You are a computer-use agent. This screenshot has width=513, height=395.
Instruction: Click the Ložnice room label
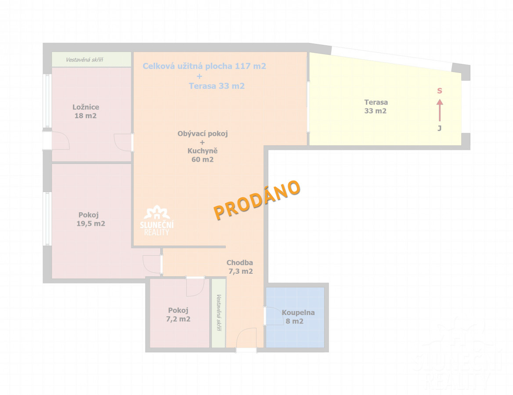coord(86,107)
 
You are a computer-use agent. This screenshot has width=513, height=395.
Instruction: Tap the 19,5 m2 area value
coord(90,224)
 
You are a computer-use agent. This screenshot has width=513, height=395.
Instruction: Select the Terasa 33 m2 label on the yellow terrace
coord(376,106)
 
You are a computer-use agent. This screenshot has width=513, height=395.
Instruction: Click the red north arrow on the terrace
coord(440,110)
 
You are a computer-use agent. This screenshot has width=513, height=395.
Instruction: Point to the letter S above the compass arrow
coord(440,91)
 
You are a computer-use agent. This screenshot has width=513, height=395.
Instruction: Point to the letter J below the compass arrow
coord(439,128)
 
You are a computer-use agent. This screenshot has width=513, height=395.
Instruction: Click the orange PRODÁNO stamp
coord(257,199)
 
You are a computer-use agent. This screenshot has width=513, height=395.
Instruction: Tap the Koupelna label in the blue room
coord(298,312)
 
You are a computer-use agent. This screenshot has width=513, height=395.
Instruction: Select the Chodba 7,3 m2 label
coord(240,267)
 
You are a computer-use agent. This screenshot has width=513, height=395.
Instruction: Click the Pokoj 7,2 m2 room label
coord(178,315)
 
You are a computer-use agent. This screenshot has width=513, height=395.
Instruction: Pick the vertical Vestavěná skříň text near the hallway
coord(219,312)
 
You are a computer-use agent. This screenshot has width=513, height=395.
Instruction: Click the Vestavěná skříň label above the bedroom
coord(84,60)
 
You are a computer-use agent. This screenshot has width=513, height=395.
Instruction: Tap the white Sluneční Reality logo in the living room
coord(157,221)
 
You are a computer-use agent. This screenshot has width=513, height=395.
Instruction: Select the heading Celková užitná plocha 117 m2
coord(204,66)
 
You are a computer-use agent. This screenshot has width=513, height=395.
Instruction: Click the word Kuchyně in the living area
coord(202,151)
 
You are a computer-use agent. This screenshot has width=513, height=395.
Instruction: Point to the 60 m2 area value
coord(202,159)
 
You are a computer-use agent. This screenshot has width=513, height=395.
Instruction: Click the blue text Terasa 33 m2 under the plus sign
coord(217,86)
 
